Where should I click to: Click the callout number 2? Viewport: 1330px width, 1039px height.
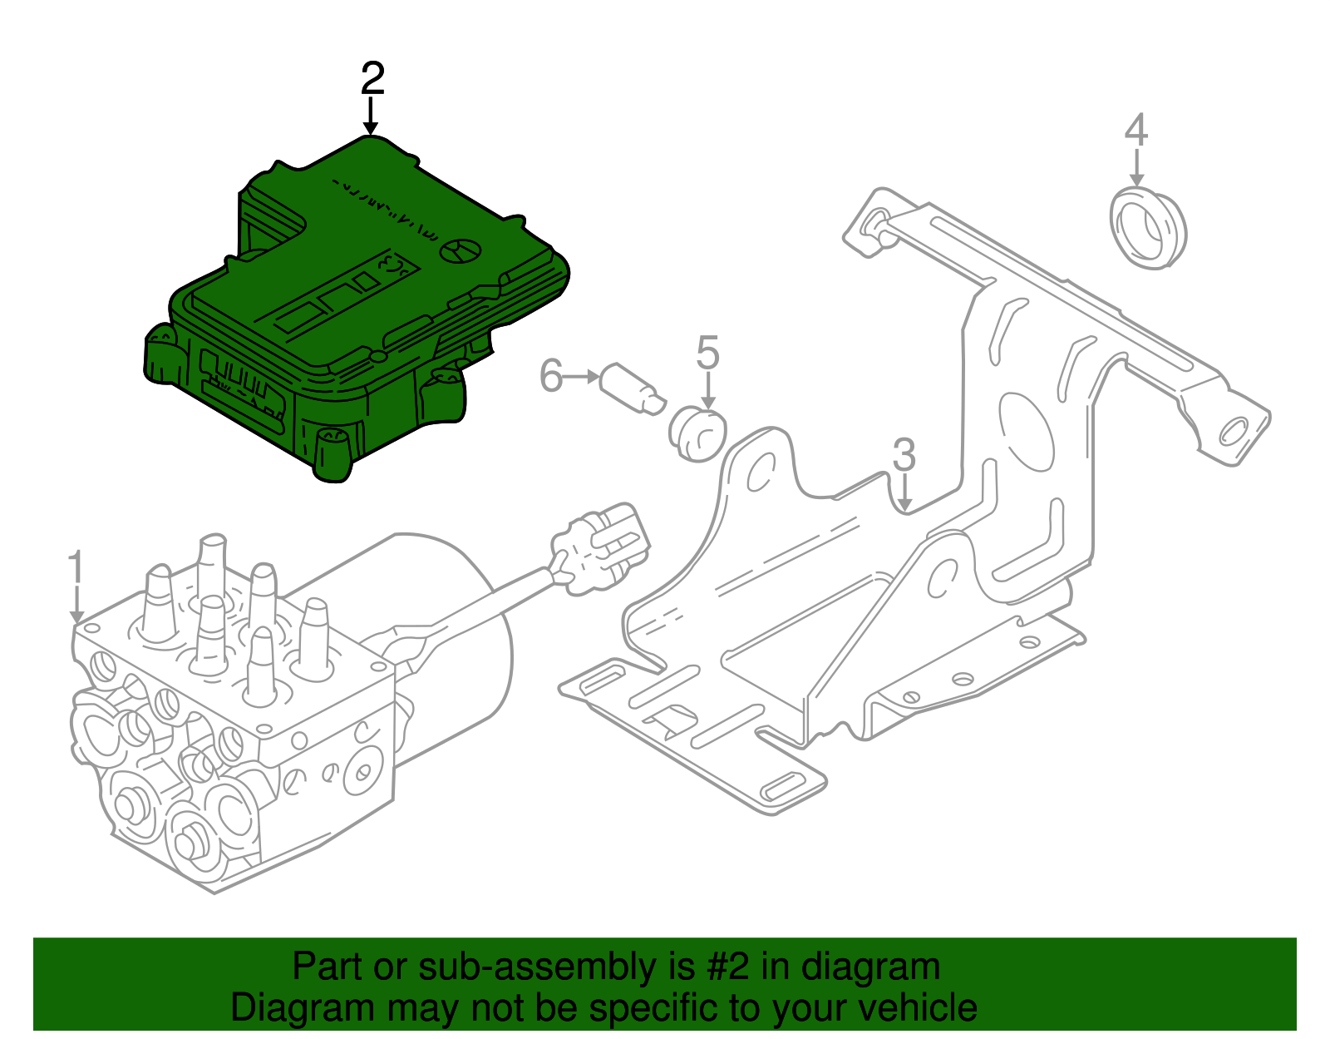[372, 79]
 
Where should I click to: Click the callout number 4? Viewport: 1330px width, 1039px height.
[1136, 131]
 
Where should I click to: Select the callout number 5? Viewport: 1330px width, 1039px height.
[707, 353]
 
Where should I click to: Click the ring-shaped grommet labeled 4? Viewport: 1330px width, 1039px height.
[1147, 228]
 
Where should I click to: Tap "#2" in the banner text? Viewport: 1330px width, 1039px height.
[728, 967]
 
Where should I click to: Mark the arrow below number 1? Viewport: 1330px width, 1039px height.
[76, 605]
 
